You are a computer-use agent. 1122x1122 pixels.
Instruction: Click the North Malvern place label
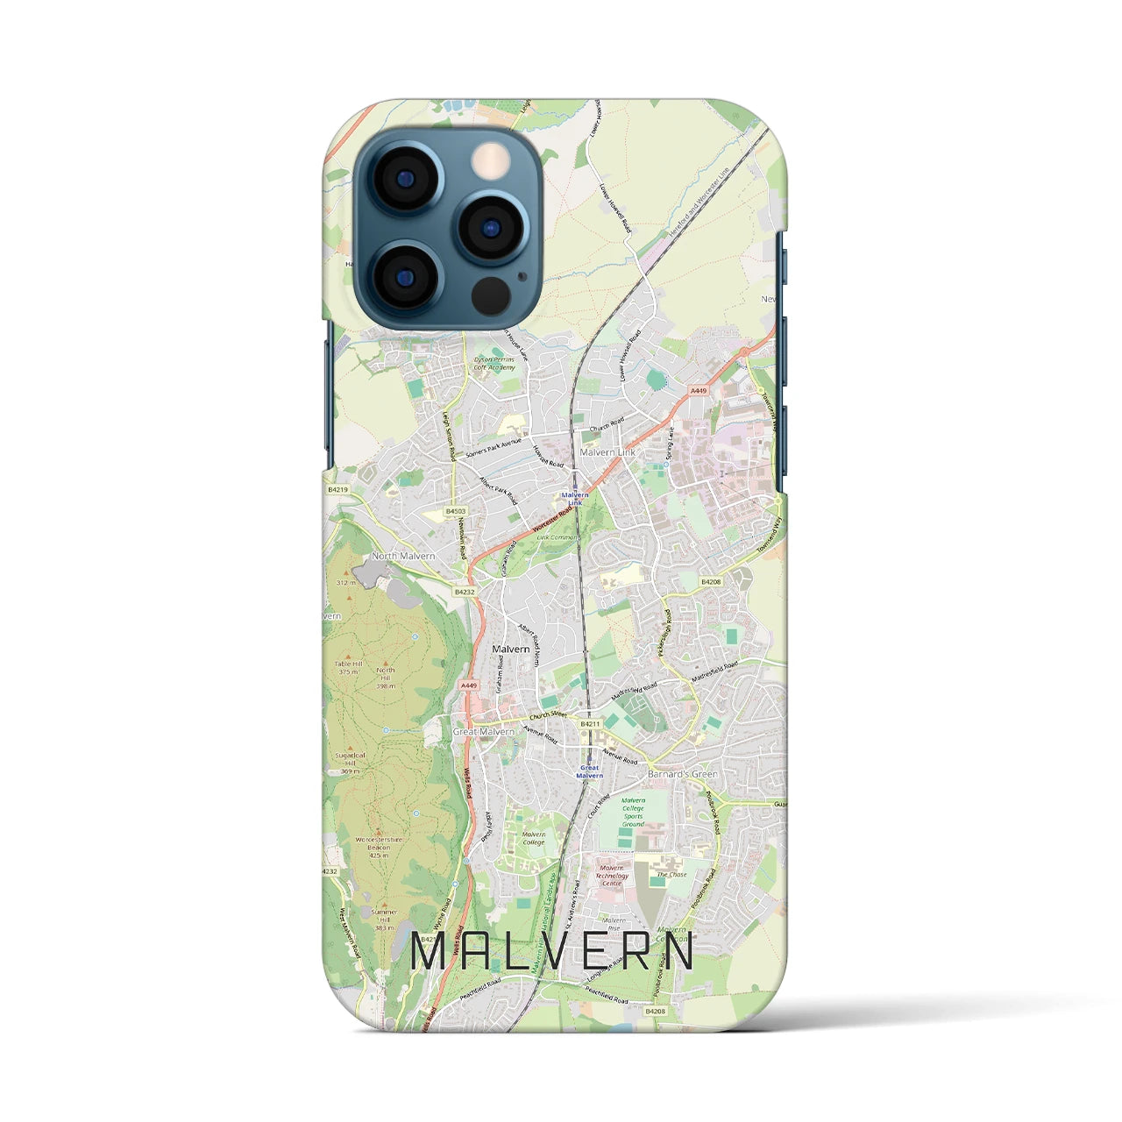(403, 556)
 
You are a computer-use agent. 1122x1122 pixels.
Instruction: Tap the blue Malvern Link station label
(575, 499)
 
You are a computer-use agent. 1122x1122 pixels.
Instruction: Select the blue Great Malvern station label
(590, 772)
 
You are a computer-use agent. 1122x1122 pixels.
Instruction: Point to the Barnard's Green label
(682, 774)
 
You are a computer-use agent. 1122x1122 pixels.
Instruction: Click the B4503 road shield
(455, 511)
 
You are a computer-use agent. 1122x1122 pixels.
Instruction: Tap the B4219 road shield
(338, 491)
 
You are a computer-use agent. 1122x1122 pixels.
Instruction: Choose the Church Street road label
(548, 715)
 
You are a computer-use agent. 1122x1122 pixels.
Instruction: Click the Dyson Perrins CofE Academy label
(495, 364)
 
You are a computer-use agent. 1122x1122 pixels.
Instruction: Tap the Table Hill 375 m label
(349, 668)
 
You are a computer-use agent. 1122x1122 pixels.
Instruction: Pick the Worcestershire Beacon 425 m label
(379, 847)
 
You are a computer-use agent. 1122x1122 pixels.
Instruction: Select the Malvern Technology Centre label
(612, 876)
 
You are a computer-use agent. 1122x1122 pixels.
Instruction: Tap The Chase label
(672, 875)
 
